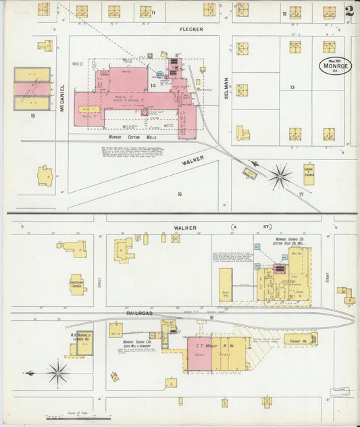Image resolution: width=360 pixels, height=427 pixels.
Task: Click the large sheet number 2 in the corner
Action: (x=349, y=11)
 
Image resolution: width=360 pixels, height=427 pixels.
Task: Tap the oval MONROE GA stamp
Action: (x=335, y=66)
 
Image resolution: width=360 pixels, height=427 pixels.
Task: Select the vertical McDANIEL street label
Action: (x=62, y=98)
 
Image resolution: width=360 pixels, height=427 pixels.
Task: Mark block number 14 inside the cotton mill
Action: (x=153, y=86)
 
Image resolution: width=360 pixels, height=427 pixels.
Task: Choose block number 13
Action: (x=292, y=87)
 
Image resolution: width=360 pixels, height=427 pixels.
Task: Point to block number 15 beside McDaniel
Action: (x=32, y=116)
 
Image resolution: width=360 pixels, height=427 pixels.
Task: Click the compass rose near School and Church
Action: (x=279, y=177)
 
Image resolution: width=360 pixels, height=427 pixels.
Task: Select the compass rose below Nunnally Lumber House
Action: (x=58, y=372)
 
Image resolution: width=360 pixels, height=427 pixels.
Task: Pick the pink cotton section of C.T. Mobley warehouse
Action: (x=199, y=353)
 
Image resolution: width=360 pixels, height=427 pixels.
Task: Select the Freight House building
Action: (x=297, y=339)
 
